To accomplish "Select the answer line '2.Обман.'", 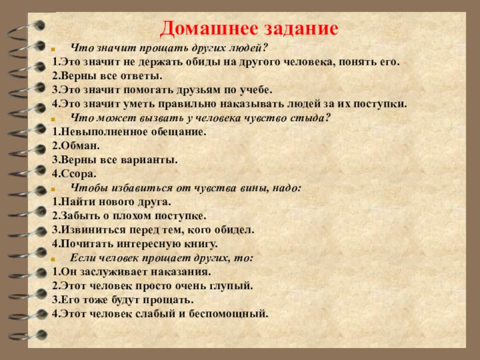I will point(76,145).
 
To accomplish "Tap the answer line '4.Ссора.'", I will point(76,173).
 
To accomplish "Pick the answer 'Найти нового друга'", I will point(112,202).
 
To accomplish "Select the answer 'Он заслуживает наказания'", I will point(132,271).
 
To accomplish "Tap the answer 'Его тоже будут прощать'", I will point(123,299).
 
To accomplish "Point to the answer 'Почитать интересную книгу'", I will point(135,244).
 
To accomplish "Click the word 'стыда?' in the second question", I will point(313,118).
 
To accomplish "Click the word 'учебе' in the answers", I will point(257,89).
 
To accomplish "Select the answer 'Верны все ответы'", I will point(107,76).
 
